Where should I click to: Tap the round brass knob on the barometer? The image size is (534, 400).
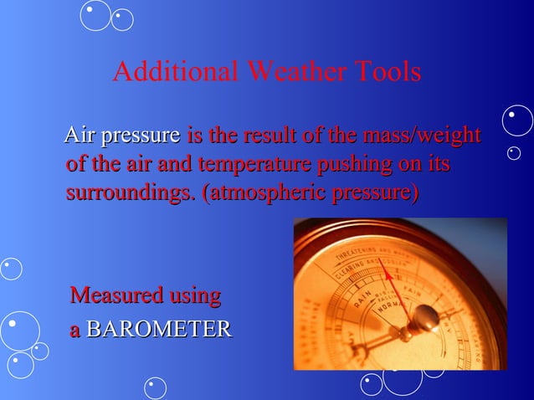(x=424, y=317)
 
